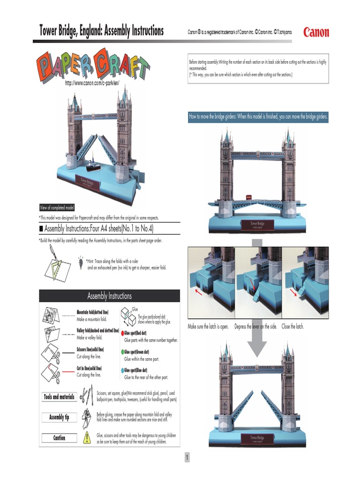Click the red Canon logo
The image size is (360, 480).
click(x=316, y=32)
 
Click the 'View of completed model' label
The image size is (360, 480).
click(x=56, y=208)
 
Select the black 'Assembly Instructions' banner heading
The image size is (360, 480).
click(x=109, y=296)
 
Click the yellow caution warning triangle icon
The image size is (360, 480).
click(x=87, y=438)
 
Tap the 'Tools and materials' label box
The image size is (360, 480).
click(x=59, y=397)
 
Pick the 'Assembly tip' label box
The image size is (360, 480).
click(x=59, y=417)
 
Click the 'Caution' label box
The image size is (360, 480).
click(x=59, y=438)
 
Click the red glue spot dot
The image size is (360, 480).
click(x=122, y=333)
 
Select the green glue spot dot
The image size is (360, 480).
click(x=122, y=352)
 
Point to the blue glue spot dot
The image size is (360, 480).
click(x=122, y=370)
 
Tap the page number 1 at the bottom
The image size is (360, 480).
click(x=187, y=457)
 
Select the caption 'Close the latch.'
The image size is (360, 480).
click(x=292, y=326)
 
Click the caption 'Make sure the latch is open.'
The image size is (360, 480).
click(x=208, y=326)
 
